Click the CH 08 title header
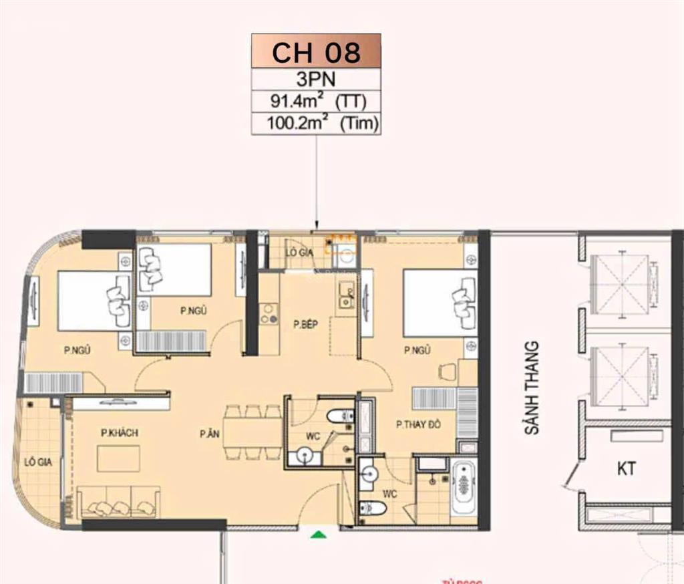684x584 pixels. (x=316, y=52)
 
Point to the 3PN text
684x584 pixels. (x=316, y=79)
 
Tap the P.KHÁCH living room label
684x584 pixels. (x=119, y=433)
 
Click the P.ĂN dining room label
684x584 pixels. (x=209, y=434)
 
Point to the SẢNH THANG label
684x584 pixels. (x=532, y=388)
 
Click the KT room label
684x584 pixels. (x=626, y=469)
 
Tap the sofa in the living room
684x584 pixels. (x=118, y=503)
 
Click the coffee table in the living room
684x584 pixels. (x=118, y=459)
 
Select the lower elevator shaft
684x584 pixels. (x=621, y=376)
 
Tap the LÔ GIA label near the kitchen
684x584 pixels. (x=299, y=252)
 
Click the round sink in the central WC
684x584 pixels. (x=305, y=456)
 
